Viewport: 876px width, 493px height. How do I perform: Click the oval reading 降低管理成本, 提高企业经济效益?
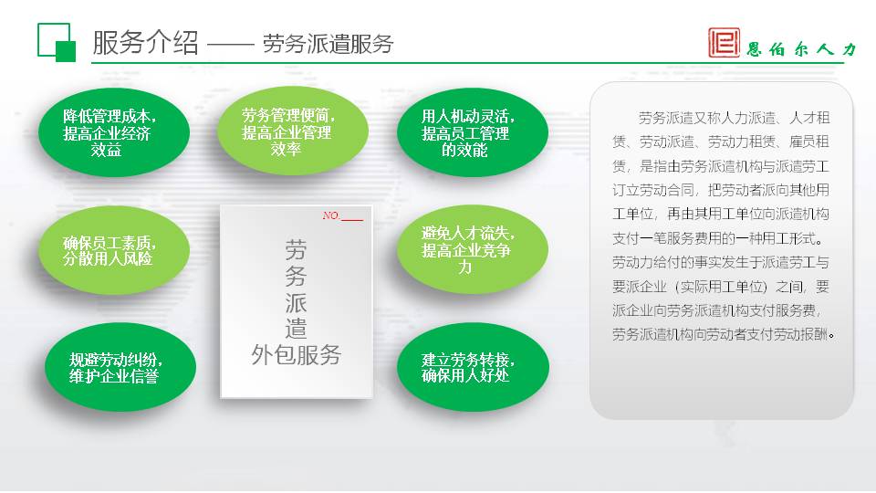pos(114,132)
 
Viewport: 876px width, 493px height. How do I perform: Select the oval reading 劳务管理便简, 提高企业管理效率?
pos(293,131)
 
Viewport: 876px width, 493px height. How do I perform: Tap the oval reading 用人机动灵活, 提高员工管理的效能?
pos(473,132)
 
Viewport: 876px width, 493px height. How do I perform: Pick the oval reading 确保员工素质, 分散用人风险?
pos(114,250)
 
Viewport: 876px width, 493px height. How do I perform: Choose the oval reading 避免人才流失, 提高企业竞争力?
pos(473,249)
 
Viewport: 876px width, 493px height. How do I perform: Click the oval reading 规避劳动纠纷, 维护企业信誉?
pos(120,367)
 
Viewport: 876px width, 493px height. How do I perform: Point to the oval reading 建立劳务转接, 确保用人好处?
pos(474,367)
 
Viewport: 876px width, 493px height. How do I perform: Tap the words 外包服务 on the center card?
pos(296,355)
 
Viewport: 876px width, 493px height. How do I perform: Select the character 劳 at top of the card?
pos(296,250)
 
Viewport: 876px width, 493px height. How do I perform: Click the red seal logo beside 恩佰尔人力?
pos(724,43)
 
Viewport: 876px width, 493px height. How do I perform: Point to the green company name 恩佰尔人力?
pos(802,49)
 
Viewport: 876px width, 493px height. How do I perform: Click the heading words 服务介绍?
pos(145,43)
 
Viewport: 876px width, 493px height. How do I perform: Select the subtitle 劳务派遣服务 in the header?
pos(328,44)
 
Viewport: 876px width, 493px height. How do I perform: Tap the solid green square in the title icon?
pos(66,51)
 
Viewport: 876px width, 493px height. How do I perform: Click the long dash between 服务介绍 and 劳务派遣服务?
pos(231,45)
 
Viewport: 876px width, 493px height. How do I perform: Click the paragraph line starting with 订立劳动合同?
pos(721,190)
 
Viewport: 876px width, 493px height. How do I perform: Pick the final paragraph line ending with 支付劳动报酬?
pos(724,335)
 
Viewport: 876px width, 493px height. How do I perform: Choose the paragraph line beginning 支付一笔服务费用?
pos(718,238)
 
